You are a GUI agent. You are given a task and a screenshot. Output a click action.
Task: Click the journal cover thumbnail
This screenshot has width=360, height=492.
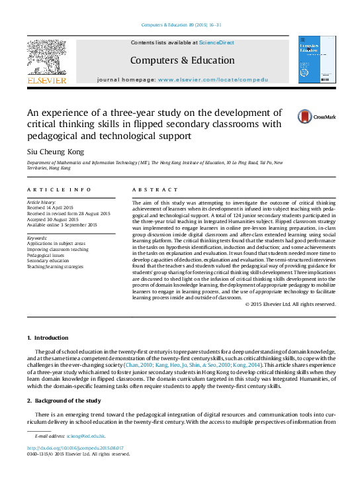317,60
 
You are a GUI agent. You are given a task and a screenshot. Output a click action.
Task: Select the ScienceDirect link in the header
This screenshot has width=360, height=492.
216,42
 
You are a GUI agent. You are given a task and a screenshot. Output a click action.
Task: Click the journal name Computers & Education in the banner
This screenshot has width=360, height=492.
173,60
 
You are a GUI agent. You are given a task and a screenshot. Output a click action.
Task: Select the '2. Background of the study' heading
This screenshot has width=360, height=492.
64,401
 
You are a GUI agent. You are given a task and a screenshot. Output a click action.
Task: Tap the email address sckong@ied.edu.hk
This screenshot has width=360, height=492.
85,436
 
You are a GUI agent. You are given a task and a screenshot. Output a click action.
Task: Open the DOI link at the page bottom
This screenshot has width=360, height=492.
69,448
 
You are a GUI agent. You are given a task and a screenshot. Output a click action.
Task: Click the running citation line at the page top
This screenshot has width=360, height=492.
181,26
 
